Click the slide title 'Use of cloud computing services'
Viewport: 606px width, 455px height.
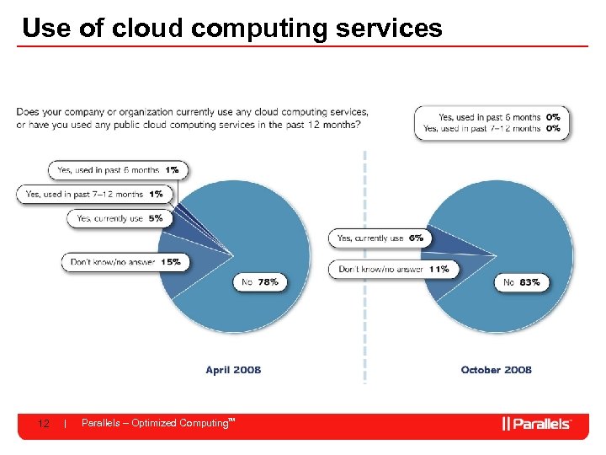tap(231, 28)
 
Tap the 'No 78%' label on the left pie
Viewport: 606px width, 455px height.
tap(259, 282)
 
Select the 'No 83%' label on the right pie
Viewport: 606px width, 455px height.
tap(521, 283)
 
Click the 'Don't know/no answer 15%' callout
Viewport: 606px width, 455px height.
tap(125, 262)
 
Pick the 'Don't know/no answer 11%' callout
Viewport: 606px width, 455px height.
tap(394, 270)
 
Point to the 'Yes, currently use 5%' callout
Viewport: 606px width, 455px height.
tap(120, 218)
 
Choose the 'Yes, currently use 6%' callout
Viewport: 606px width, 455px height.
tap(380, 238)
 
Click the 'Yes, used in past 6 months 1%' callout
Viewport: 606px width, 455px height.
tap(118, 170)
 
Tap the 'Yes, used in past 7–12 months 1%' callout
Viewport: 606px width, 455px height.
tap(94, 194)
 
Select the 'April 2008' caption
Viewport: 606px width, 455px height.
tap(233, 370)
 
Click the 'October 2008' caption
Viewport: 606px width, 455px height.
tap(496, 370)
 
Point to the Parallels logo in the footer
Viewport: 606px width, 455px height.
tap(536, 424)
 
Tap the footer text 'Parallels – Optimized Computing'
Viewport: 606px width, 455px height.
tap(155, 423)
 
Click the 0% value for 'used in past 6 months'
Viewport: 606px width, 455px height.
tap(554, 117)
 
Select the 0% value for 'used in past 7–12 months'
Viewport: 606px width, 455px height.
tap(554, 128)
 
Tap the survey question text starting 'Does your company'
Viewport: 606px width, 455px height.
tap(192, 118)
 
